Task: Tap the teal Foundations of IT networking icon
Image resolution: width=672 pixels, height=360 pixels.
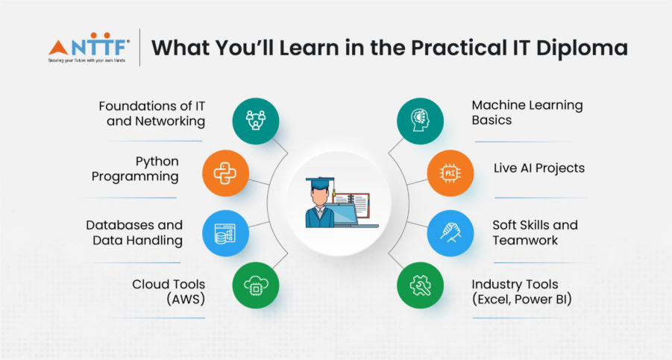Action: pyautogui.click(x=256, y=121)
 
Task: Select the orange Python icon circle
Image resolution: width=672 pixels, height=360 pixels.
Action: pyautogui.click(x=225, y=173)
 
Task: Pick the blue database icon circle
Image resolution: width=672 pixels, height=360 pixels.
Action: pyautogui.click(x=225, y=233)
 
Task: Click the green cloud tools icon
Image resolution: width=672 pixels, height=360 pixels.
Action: pyautogui.click(x=256, y=285)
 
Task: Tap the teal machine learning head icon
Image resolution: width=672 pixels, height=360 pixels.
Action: pyautogui.click(x=420, y=121)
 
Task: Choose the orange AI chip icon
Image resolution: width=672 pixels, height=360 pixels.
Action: pyautogui.click(x=450, y=173)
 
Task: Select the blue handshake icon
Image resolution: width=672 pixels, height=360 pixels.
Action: pyautogui.click(x=450, y=233)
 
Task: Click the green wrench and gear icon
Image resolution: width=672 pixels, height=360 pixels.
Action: pyautogui.click(x=420, y=285)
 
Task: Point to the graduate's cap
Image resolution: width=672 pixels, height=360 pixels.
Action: pyautogui.click(x=320, y=183)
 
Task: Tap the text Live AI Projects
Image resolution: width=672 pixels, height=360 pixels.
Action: pyautogui.click(x=539, y=168)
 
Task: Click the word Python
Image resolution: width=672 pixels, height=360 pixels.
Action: pyautogui.click(x=157, y=162)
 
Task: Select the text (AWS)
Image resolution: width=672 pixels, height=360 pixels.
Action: pyautogui.click(x=186, y=299)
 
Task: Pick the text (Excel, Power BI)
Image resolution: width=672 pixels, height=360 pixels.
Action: pyautogui.click(x=522, y=299)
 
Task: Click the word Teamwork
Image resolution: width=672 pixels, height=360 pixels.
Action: pyautogui.click(x=525, y=240)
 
